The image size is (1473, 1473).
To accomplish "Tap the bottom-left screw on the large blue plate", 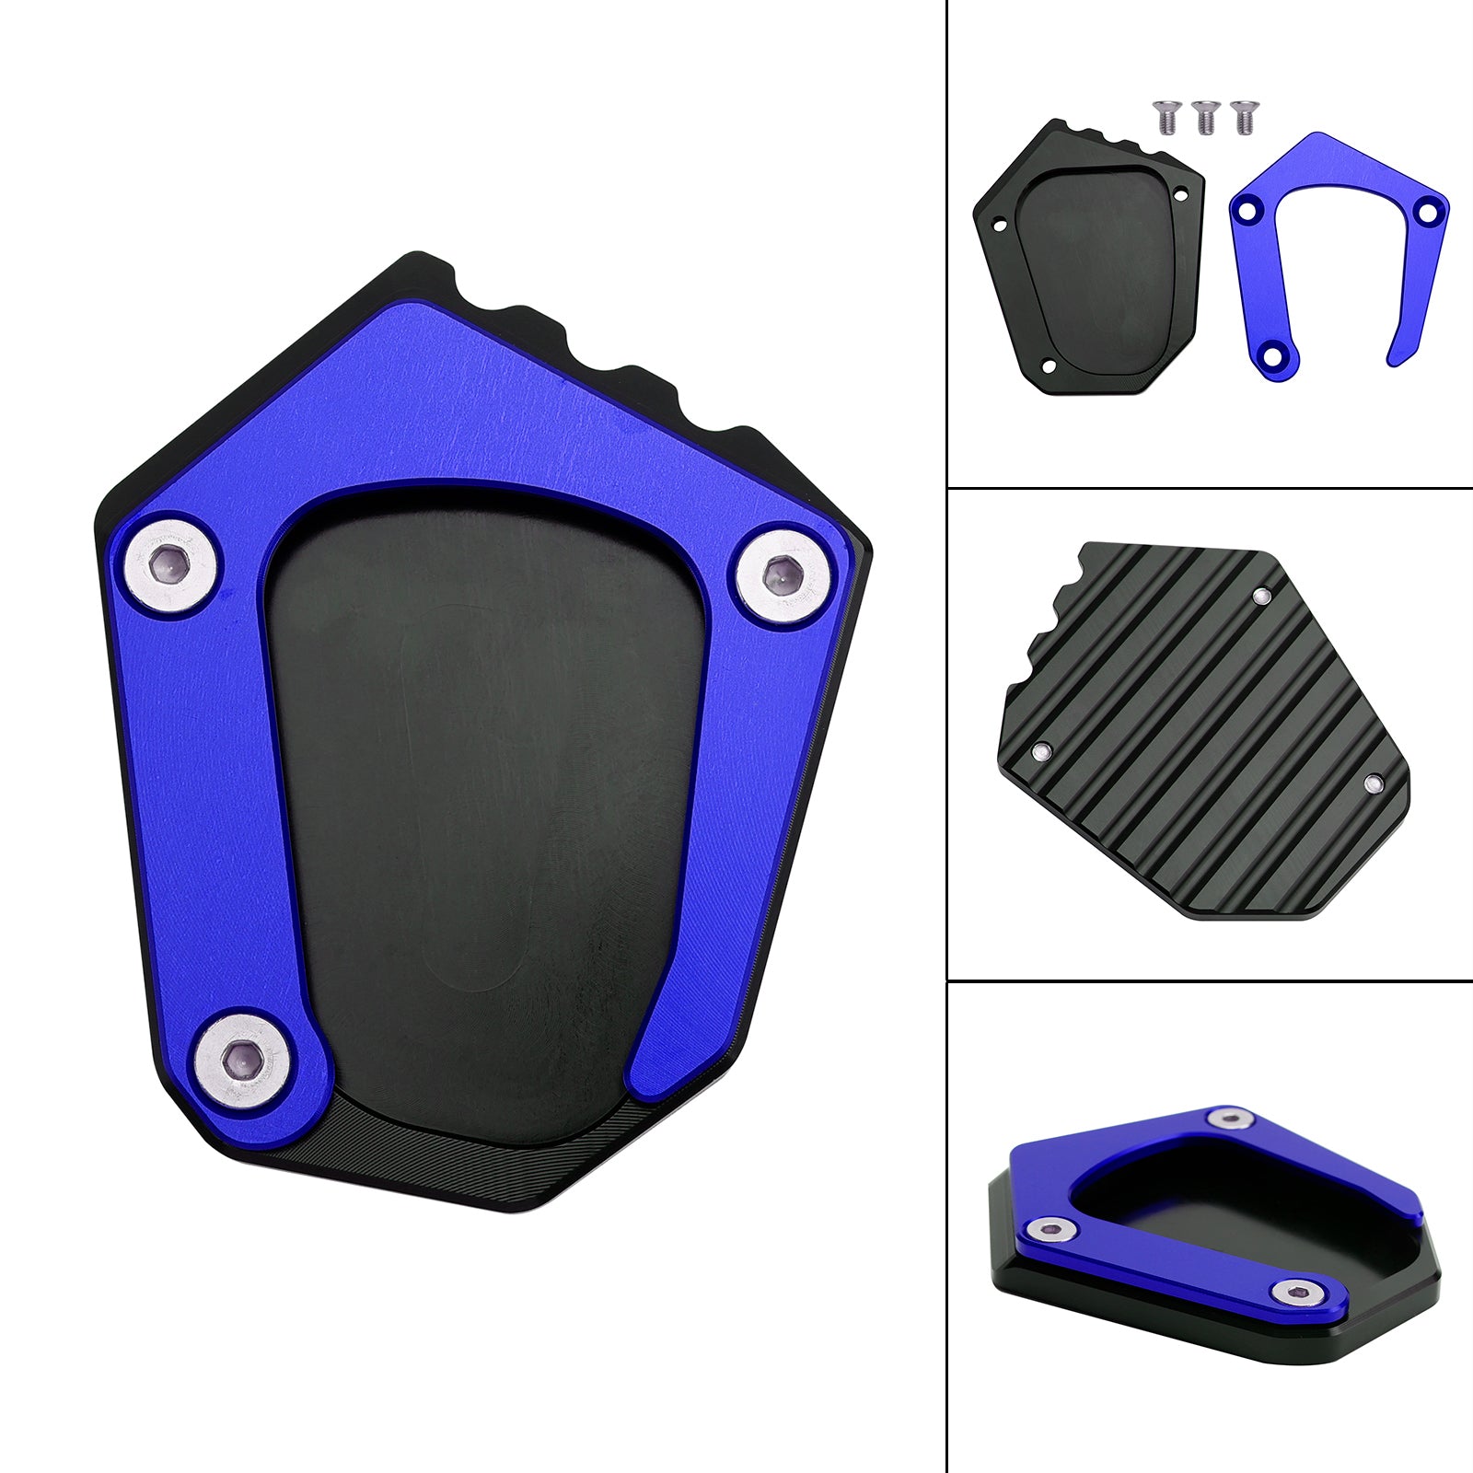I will tap(246, 1061).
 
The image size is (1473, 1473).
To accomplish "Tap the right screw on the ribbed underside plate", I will tap(1373, 784).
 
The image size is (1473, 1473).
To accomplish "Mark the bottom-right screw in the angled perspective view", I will tap(1292, 1293).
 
